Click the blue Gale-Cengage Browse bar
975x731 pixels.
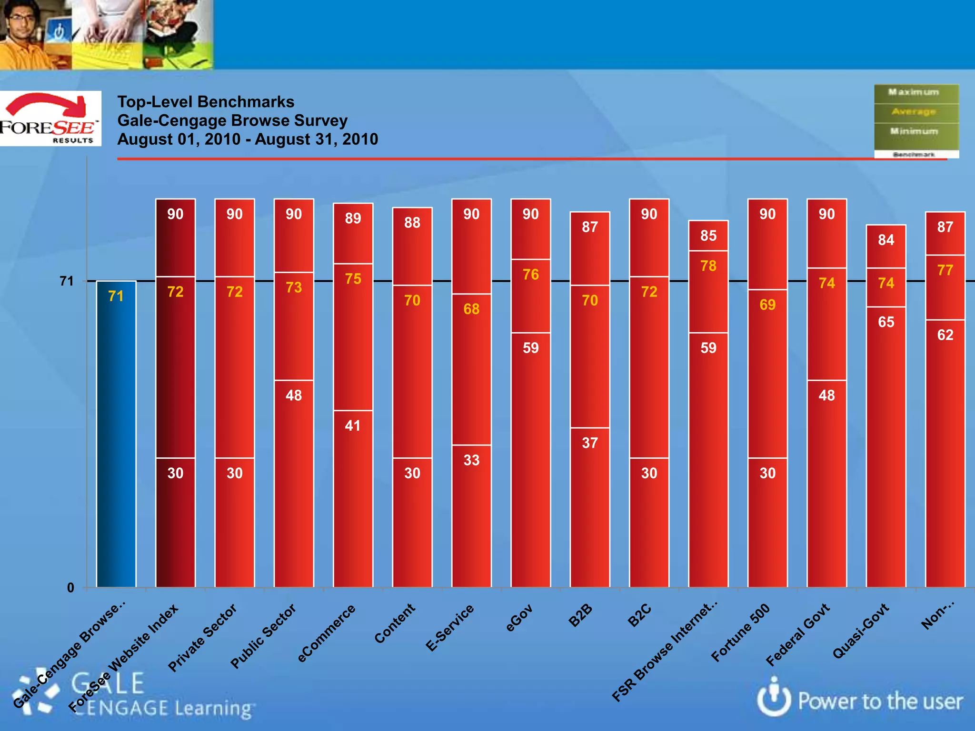click(x=116, y=433)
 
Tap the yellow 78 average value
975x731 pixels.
click(x=708, y=266)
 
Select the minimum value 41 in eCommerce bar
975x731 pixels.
click(x=353, y=425)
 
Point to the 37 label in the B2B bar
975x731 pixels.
click(x=590, y=443)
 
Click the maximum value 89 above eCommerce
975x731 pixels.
click(x=353, y=218)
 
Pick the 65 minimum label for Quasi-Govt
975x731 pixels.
click(x=886, y=322)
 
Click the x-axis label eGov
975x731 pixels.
click(x=519, y=618)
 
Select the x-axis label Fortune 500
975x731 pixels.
click(x=740, y=633)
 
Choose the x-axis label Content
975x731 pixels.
click(x=395, y=623)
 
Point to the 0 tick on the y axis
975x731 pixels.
click(x=70, y=588)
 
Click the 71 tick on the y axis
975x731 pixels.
click(x=67, y=281)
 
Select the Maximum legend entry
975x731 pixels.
click(x=914, y=92)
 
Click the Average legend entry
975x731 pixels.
click(x=914, y=112)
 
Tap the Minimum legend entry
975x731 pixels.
click(x=914, y=131)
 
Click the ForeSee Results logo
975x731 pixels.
click(x=50, y=119)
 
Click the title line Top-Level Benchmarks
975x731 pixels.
click(x=206, y=102)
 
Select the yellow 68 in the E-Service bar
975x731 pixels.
click(x=471, y=309)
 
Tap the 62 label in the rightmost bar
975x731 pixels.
click(x=945, y=335)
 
